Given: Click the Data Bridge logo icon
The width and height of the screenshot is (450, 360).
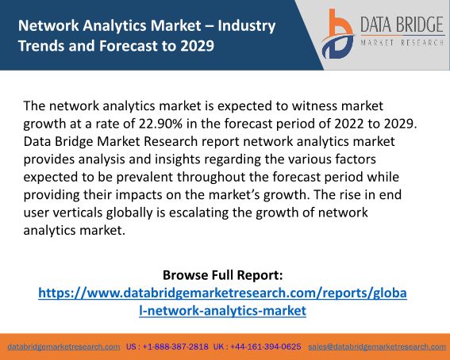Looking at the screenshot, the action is coord(338,34).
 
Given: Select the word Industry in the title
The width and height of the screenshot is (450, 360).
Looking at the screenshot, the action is coord(247,26).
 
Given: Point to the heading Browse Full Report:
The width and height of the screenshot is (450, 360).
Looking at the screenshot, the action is coord(223,275).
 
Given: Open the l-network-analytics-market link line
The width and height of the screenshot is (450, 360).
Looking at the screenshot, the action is coord(223,311).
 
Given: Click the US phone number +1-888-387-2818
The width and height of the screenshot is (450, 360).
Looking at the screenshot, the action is coord(175,347).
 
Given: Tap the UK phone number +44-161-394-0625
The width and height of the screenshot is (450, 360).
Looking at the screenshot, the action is coord(265,347).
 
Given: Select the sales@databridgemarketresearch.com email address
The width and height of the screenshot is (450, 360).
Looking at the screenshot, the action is coord(377,347).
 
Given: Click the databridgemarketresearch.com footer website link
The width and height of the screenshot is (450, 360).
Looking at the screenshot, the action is coord(63,347).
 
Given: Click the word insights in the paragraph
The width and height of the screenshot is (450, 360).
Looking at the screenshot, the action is coord(177,159).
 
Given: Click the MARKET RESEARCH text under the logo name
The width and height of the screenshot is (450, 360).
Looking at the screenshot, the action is coord(402,43).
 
